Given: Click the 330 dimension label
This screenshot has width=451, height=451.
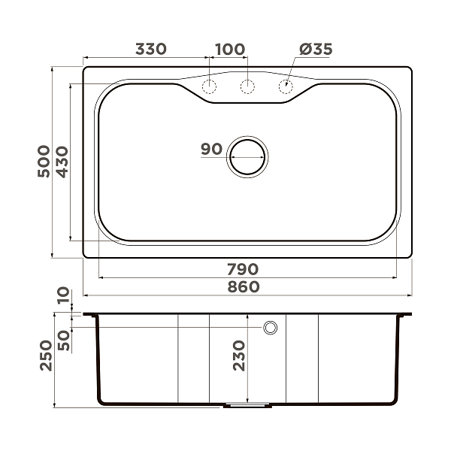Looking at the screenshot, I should coord(150,50).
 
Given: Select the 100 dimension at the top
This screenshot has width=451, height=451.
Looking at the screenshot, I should coord(229,50).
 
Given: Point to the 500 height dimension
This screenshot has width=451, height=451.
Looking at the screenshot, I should coord(44,161).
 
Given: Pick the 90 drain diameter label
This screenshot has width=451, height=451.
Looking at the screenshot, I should coord(211,149).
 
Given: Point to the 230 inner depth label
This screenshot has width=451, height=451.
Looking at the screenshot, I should coord(239,354).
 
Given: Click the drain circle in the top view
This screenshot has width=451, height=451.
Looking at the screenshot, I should coord(247,157).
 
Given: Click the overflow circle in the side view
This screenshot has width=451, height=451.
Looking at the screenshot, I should coord(271,328).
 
